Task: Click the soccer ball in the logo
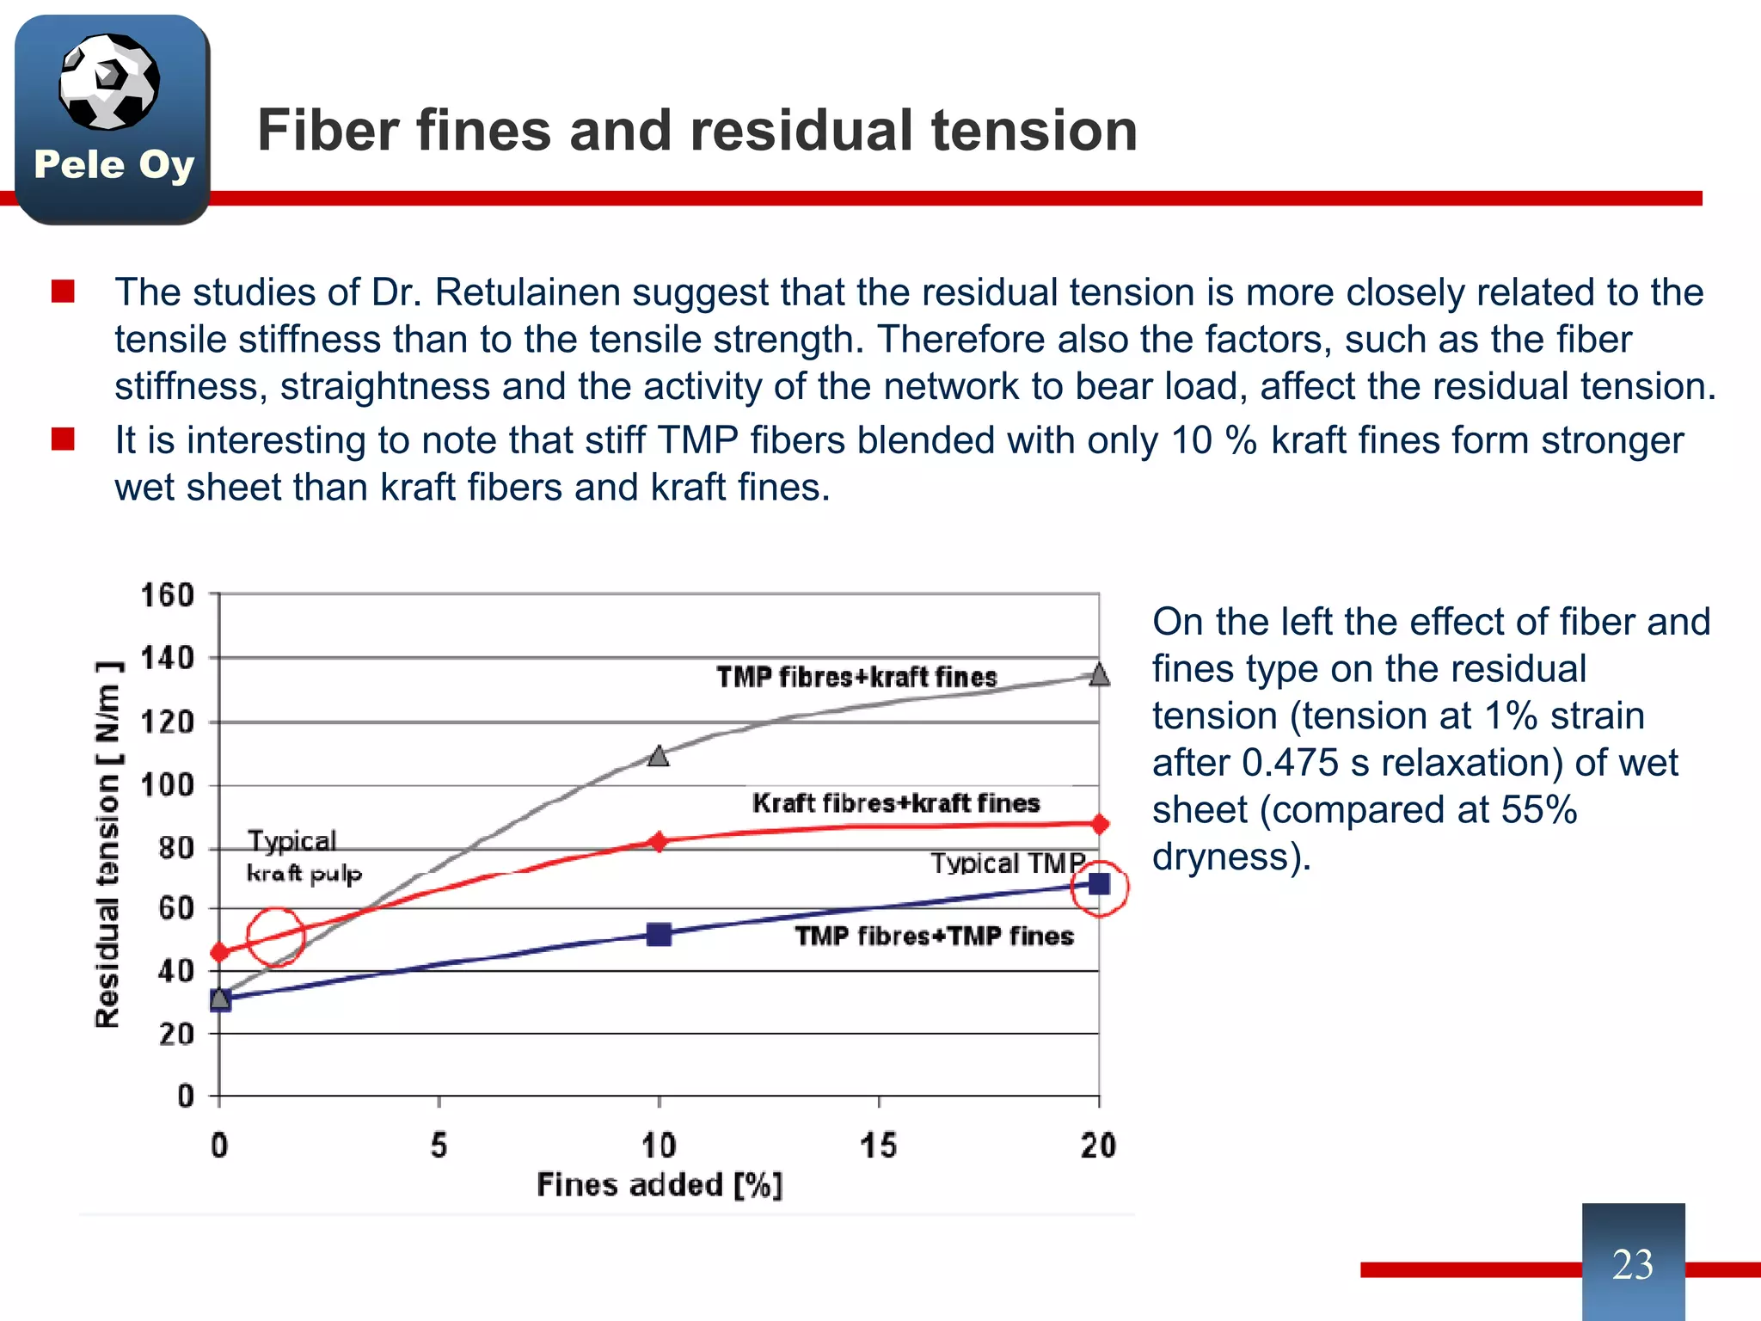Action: [108, 82]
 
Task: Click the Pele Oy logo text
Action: [114, 164]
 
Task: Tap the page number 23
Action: [1632, 1264]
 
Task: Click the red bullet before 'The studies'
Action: [63, 292]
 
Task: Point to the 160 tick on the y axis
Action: [169, 594]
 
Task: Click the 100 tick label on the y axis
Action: [169, 785]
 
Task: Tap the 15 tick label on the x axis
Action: [878, 1146]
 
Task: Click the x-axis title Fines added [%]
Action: [660, 1185]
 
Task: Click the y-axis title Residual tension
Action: [107, 844]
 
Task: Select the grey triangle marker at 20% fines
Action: [1099, 674]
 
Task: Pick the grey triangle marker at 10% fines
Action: [659, 756]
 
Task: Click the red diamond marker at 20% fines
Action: [1099, 824]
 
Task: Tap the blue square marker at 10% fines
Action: [659, 934]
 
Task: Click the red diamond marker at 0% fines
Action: [220, 952]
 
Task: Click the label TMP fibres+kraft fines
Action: [856, 677]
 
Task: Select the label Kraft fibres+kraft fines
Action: [896, 803]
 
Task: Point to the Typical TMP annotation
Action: [1008, 863]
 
